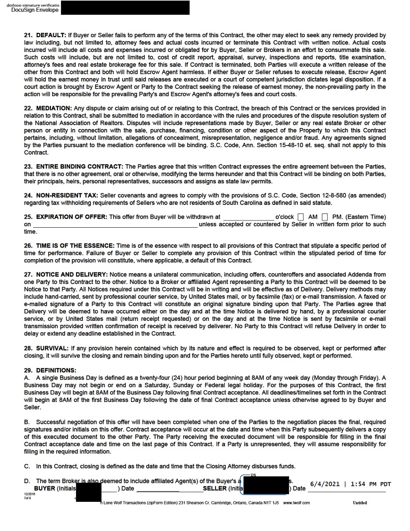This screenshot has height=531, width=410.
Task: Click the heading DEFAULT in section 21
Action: coord(51,35)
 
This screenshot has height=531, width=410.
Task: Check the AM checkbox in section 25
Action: coord(301,217)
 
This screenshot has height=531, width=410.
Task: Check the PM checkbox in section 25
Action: coord(324,217)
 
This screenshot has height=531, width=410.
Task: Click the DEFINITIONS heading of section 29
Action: coord(57,370)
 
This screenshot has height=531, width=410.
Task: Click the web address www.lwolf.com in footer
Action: coord(296,502)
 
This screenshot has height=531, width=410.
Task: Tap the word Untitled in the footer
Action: coord(360,502)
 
